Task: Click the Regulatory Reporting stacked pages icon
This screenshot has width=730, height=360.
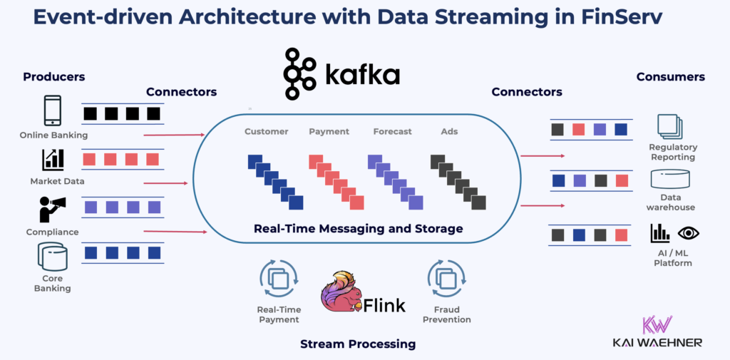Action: [x=670, y=127]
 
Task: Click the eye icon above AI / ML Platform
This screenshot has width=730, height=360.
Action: [x=688, y=232]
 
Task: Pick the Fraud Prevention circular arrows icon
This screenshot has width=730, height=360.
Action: [x=446, y=279]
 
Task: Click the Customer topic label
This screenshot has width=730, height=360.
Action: [x=266, y=131]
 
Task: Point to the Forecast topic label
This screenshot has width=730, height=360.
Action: [x=392, y=131]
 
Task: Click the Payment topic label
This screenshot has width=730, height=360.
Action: [x=329, y=131]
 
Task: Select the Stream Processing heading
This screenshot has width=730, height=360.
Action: [x=357, y=344]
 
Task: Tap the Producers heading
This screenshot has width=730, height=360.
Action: [x=53, y=76]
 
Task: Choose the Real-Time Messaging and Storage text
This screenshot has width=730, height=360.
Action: [x=359, y=229]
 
